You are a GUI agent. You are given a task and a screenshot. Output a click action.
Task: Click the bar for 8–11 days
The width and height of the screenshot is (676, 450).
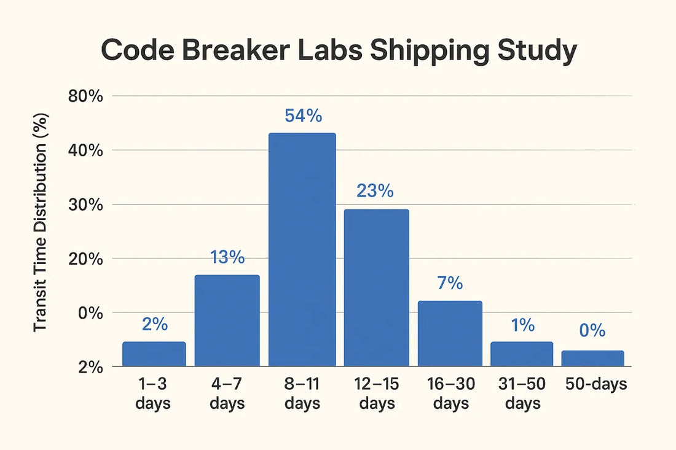click(302, 249)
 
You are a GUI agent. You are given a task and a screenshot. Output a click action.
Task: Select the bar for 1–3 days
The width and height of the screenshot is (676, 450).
click(154, 354)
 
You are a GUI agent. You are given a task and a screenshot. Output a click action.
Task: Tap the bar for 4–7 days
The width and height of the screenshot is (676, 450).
click(227, 320)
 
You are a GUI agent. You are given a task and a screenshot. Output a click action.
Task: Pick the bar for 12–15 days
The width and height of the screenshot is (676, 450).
click(376, 287)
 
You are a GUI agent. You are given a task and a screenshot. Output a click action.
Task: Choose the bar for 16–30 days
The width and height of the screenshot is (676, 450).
click(450, 333)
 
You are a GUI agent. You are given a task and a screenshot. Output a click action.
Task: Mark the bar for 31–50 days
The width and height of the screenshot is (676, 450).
click(522, 354)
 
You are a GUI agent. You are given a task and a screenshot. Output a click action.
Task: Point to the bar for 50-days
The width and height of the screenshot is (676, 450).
click(592, 358)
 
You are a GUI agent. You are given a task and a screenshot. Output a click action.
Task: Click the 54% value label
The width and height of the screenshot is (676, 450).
click(303, 116)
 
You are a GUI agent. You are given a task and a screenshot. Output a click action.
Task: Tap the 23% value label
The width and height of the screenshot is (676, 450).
click(375, 192)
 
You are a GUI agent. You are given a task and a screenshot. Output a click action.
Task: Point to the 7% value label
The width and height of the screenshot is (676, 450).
click(449, 283)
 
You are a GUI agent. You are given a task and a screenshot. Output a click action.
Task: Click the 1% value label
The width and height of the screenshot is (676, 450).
click(522, 325)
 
